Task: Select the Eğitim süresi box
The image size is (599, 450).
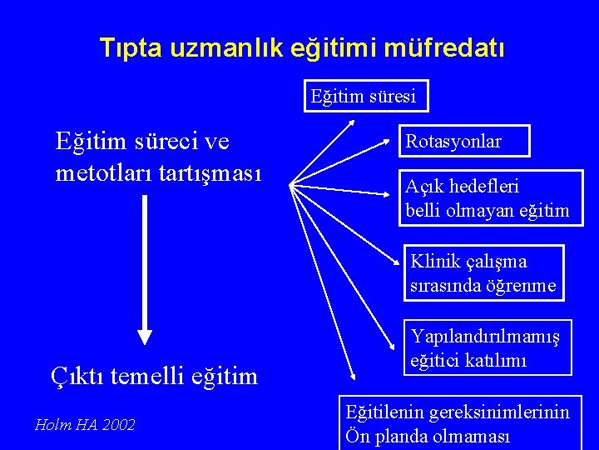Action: tap(364, 97)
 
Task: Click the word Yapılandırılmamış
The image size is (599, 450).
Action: tap(486, 337)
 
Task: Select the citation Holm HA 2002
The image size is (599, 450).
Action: tap(84, 425)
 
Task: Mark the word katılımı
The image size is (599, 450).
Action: tap(504, 362)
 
